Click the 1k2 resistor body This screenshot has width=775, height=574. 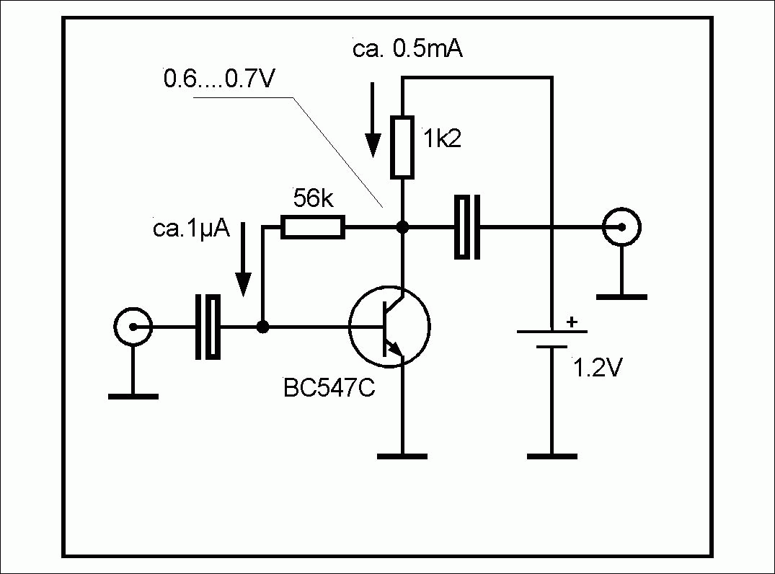pyautogui.click(x=402, y=146)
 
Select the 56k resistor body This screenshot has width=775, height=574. pyautogui.click(x=312, y=228)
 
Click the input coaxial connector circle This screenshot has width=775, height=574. pyautogui.click(x=133, y=327)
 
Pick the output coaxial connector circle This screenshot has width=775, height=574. pyautogui.click(x=621, y=228)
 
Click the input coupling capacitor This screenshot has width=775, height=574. pyautogui.click(x=207, y=327)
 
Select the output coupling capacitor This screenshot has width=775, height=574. pyautogui.click(x=467, y=228)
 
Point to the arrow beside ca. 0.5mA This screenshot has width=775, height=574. pyautogui.click(x=372, y=119)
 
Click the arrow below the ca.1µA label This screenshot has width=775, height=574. pyautogui.click(x=244, y=260)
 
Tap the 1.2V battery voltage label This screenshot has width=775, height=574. pyautogui.click(x=595, y=368)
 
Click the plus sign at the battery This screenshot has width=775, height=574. pyautogui.click(x=572, y=322)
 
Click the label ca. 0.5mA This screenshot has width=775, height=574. pyautogui.click(x=407, y=50)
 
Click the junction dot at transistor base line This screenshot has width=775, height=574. pyautogui.click(x=263, y=327)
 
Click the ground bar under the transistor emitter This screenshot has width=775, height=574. pyautogui.click(x=402, y=455)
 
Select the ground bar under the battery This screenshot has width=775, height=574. pyautogui.click(x=552, y=455)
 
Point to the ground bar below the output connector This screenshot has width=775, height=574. pyautogui.click(x=621, y=296)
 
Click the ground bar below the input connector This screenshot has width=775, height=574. pyautogui.click(x=133, y=395)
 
